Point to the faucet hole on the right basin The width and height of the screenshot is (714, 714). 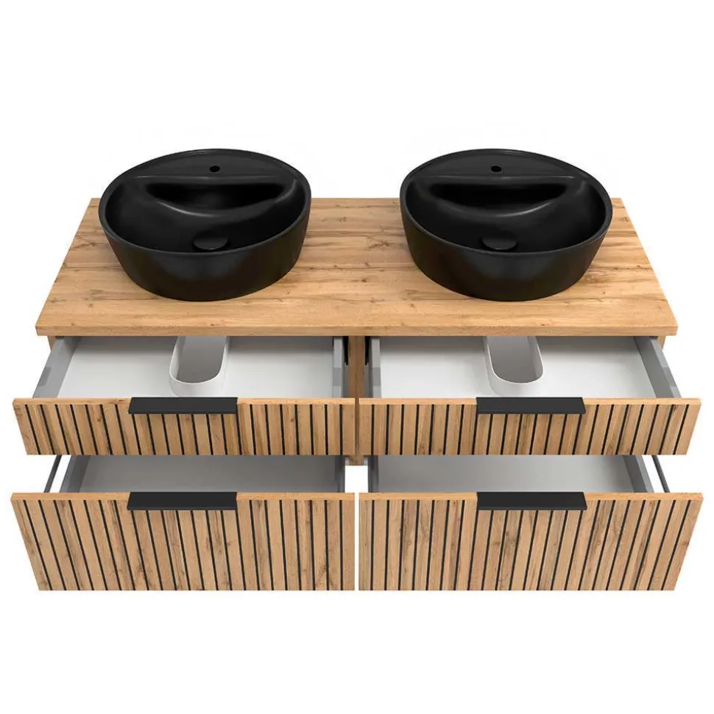496,168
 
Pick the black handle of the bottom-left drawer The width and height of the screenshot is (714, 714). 183,501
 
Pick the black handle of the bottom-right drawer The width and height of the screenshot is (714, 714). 531,501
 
